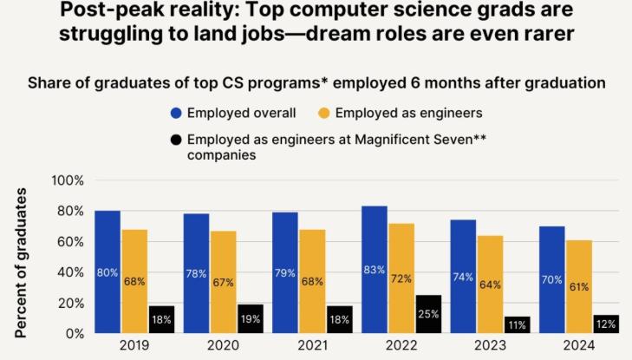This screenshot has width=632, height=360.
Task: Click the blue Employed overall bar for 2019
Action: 108,272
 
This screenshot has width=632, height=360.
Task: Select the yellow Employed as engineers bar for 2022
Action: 401,278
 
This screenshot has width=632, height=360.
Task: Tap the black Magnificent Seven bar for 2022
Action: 428,314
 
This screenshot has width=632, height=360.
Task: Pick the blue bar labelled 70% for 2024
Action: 551,279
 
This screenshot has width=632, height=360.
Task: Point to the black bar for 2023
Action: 517,324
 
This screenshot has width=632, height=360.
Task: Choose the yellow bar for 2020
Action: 224,282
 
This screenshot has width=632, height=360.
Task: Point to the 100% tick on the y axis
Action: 68,180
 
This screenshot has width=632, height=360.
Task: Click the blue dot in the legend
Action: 177,113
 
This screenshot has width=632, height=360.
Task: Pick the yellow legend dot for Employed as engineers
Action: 323,113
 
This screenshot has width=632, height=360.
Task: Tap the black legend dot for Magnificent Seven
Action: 177,140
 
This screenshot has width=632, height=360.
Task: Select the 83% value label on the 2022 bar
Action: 375,270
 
